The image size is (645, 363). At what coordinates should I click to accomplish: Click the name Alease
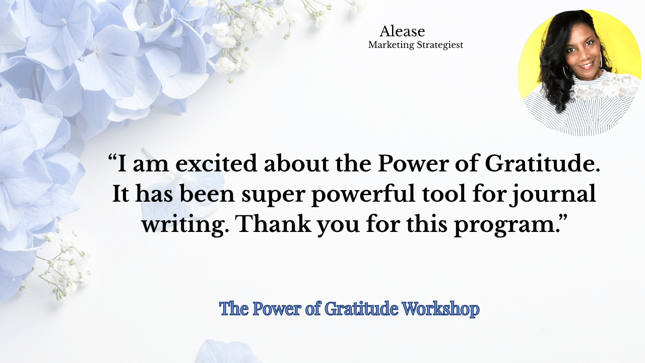point(402,31)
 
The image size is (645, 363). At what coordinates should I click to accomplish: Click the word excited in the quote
point(216,163)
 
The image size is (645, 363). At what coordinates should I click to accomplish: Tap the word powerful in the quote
point(364,195)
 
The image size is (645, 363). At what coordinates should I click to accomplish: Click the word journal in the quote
point(552,195)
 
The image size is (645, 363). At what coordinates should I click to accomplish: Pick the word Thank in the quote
point(274,224)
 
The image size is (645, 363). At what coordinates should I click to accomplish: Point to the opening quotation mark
point(112,159)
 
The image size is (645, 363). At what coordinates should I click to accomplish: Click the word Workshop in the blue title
point(440,309)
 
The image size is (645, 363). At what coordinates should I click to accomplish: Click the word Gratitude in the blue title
point(361,308)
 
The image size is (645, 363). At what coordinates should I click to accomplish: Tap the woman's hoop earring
point(565,72)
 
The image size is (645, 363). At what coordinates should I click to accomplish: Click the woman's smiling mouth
point(587,65)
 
